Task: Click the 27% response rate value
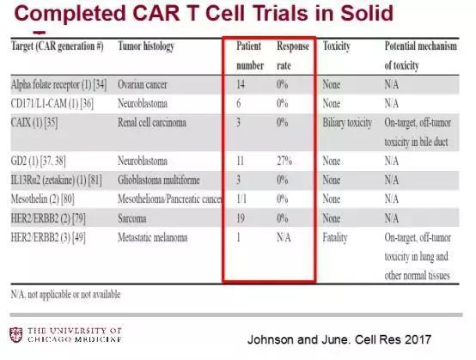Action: [284, 161]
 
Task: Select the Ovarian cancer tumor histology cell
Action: [143, 84]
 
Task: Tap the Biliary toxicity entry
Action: [347, 123]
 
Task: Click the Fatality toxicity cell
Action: [335, 238]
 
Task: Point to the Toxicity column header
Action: [336, 46]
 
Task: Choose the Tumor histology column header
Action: [146, 46]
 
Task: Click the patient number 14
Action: [241, 84]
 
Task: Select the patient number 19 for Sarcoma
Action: [241, 218]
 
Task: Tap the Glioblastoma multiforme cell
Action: [159, 180]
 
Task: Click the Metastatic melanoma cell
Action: [153, 237]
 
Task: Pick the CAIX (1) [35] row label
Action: [34, 123]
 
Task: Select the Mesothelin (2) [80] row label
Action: [42, 199]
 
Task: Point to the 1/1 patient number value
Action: [241, 199]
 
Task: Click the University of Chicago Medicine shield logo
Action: [15, 335]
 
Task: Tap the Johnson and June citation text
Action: [339, 339]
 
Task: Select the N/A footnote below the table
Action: [65, 295]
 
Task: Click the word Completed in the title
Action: [70, 14]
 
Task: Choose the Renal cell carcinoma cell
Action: [152, 123]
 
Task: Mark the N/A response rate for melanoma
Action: [284, 237]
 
